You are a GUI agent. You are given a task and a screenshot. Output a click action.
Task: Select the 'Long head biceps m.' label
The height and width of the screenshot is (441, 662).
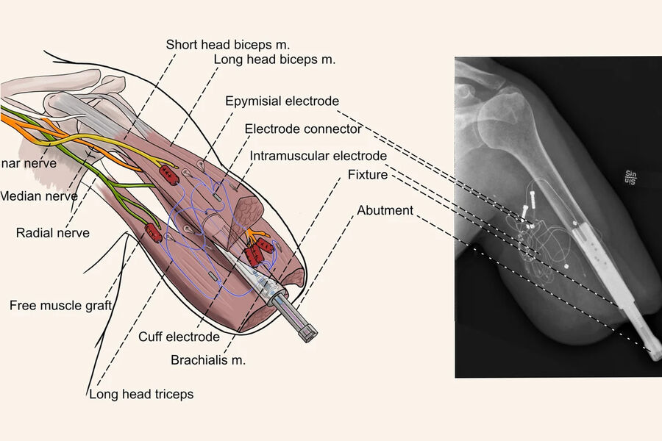[274, 60]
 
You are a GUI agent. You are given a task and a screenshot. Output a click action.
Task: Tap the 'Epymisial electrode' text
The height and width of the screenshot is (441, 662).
[282, 101]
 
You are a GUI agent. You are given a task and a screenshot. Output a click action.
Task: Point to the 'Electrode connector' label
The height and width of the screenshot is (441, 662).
[303, 129]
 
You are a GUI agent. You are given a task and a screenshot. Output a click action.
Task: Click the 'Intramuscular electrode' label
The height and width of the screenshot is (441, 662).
[318, 156]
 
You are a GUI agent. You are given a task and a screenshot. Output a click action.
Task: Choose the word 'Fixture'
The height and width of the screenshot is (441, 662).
[367, 175]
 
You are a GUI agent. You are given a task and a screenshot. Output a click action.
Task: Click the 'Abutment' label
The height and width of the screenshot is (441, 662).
[385, 211]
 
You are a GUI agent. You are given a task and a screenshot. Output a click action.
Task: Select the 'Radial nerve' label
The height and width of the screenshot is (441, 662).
[52, 233]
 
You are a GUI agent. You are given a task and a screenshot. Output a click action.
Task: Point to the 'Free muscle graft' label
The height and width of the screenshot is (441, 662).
[60, 305]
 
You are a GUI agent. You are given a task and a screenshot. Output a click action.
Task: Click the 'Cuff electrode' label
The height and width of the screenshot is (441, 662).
[179, 337]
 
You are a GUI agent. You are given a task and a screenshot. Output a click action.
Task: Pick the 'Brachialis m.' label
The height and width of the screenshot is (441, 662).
[208, 360]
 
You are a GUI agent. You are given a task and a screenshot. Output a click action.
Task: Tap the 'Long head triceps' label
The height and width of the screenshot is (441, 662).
[141, 395]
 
